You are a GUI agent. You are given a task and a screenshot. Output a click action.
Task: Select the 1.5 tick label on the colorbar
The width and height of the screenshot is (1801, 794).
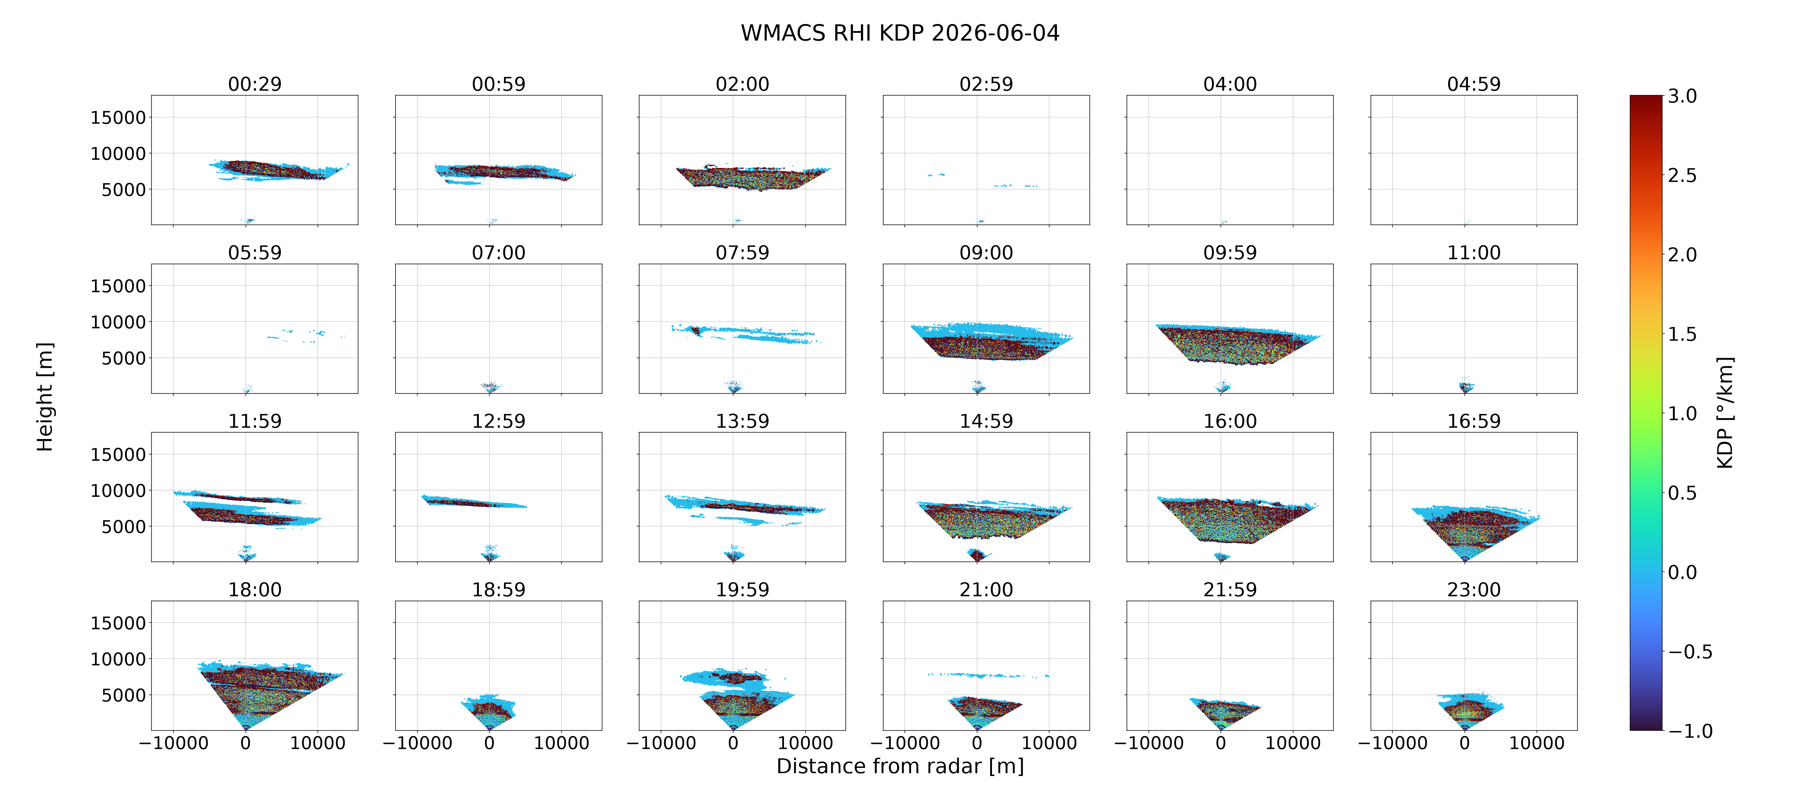(1682, 334)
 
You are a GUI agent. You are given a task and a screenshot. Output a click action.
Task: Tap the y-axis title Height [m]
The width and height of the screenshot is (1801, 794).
(45, 397)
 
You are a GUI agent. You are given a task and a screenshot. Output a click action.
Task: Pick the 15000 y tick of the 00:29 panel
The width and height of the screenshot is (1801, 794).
(118, 118)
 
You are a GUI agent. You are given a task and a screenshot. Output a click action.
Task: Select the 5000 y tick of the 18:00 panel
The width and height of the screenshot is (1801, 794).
(124, 696)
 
